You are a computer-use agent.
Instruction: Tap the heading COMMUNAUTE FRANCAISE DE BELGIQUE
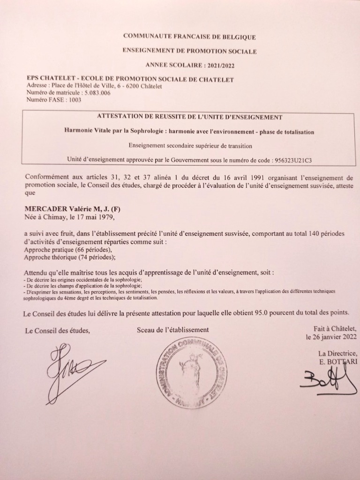click(x=189, y=37)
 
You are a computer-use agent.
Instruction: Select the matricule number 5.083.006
click(x=97, y=92)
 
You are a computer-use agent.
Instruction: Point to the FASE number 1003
click(x=75, y=99)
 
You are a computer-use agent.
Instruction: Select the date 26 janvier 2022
click(x=331, y=337)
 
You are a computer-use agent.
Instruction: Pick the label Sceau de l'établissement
click(x=172, y=330)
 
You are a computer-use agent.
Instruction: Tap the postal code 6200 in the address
click(x=141, y=86)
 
